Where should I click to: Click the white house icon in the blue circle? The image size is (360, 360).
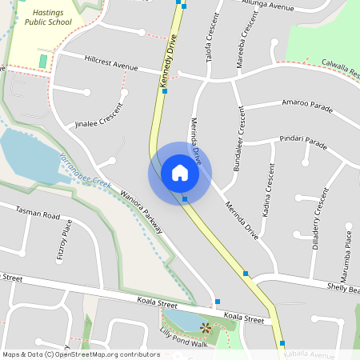pyautogui.click(x=179, y=172)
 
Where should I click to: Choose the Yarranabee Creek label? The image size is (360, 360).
pyautogui.click(x=83, y=170)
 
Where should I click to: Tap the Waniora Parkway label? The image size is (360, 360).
pyautogui.click(x=141, y=210)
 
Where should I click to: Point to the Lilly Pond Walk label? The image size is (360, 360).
pyautogui.click(x=183, y=337)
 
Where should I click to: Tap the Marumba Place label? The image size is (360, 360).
pyautogui.click(x=348, y=249)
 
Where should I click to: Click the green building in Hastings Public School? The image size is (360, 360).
pyautogui.click(x=43, y=61)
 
